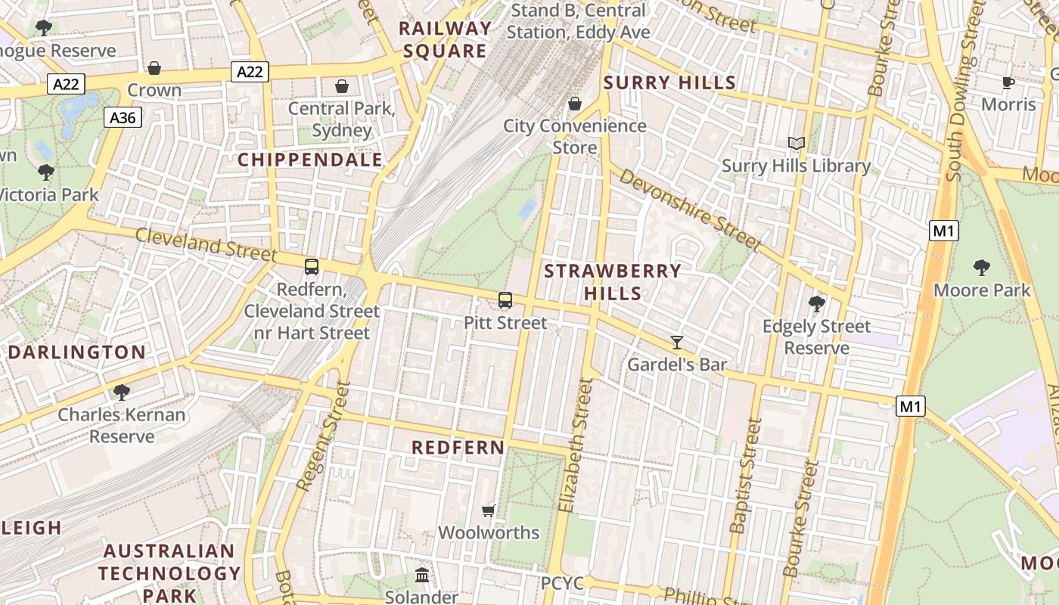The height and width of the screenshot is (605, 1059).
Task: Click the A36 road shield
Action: pyautogui.click(x=123, y=117)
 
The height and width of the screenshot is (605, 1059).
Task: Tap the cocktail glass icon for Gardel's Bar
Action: pyautogui.click(x=677, y=343)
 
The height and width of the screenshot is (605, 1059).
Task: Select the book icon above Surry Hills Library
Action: pyautogui.click(x=796, y=143)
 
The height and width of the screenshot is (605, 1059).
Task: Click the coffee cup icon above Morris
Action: pyautogui.click(x=1008, y=82)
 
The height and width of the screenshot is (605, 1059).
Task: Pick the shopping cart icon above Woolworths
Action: pyautogui.click(x=489, y=510)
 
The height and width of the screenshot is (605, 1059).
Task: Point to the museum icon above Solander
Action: pyautogui.click(x=422, y=576)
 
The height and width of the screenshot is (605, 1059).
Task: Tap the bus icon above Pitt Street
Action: pyautogui.click(x=505, y=300)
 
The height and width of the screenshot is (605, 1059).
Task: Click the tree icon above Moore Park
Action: pyautogui.click(x=982, y=267)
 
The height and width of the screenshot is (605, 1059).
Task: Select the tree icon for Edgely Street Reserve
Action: pyautogui.click(x=816, y=304)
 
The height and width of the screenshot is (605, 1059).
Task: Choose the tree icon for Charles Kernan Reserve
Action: pyautogui.click(x=121, y=392)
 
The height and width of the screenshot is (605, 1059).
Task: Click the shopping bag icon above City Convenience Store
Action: pyautogui.click(x=575, y=104)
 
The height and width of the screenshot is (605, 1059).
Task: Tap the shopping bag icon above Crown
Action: pyautogui.click(x=154, y=68)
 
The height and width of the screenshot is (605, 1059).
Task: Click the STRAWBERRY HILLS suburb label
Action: pyautogui.click(x=613, y=281)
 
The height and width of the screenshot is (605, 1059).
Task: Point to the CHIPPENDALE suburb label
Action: pyautogui.click(x=310, y=160)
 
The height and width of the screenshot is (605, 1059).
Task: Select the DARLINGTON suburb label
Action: pyautogui.click(x=76, y=352)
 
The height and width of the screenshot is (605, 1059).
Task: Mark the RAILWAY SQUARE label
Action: pyautogui.click(x=445, y=40)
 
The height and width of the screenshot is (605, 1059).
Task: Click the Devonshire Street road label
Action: pyautogui.click(x=688, y=209)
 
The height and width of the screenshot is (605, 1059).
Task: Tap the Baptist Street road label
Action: pyautogui.click(x=745, y=476)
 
